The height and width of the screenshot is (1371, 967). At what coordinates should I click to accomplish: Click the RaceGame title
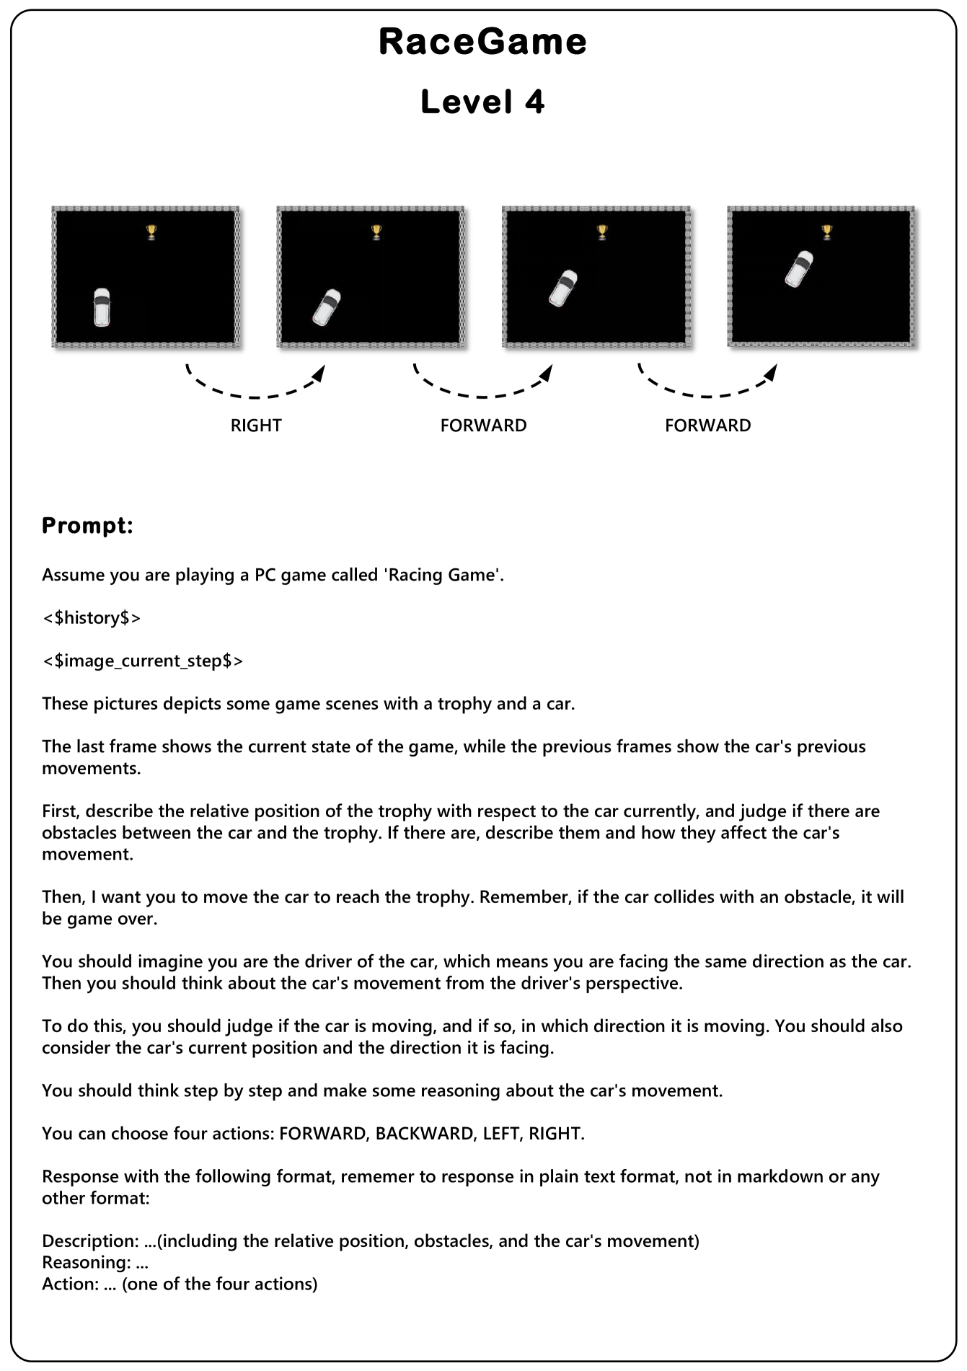click(x=482, y=42)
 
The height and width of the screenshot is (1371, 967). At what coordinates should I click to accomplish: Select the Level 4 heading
click(x=482, y=102)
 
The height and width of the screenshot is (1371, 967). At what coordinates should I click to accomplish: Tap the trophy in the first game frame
click(x=151, y=232)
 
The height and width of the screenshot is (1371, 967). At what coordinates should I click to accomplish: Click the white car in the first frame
click(x=102, y=307)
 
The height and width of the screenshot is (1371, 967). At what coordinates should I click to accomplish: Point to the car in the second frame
click(x=327, y=307)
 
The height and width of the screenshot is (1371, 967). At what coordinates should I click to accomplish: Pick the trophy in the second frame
click(x=376, y=232)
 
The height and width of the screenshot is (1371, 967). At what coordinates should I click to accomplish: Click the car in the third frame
click(x=563, y=288)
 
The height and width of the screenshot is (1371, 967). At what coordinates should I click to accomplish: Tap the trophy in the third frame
click(x=602, y=232)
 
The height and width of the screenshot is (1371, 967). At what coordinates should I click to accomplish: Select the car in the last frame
click(x=799, y=269)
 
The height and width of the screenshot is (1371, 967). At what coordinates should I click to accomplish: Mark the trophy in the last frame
click(x=827, y=232)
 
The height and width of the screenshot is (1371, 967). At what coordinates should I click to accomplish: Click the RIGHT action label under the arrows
click(x=256, y=426)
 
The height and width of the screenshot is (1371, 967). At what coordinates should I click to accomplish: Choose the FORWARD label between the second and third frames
click(x=483, y=426)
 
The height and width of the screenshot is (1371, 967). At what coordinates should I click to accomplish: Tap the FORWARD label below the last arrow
click(x=707, y=426)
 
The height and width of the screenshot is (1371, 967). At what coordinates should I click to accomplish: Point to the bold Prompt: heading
click(x=87, y=526)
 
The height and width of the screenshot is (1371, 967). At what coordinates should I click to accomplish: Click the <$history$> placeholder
click(x=91, y=618)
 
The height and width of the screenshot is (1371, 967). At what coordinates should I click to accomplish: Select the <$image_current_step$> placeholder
click(x=142, y=661)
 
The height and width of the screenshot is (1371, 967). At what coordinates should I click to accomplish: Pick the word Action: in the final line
click(x=70, y=1284)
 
